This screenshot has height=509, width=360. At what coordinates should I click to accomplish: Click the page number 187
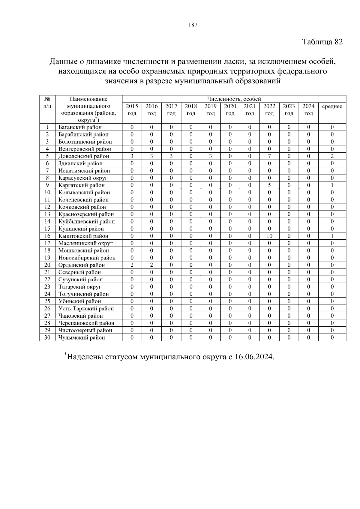tap(193, 25)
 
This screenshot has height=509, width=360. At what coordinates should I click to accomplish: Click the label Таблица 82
tap(322, 42)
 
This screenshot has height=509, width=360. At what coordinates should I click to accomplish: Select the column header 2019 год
tap(210, 109)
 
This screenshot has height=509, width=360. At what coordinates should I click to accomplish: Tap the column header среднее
tap(332, 106)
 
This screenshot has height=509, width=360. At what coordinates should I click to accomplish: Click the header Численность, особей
tap(234, 99)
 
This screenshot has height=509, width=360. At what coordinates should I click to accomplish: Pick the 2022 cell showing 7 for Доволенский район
tap(269, 156)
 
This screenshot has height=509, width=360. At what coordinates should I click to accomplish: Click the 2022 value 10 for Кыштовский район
tap(269, 236)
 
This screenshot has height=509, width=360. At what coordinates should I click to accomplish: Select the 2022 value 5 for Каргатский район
tap(269, 185)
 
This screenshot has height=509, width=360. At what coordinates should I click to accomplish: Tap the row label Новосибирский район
tap(87, 258)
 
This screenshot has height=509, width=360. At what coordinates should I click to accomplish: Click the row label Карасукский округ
tap(82, 178)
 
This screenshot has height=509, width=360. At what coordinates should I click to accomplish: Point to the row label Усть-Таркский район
tap(86, 309)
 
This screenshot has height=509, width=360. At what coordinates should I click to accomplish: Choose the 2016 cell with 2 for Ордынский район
tap(151, 265)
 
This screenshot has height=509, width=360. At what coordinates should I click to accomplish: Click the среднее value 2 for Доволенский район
tap(332, 156)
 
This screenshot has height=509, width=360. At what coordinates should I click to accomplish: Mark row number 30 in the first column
tap(47, 337)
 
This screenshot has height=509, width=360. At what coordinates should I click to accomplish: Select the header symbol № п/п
tap(47, 102)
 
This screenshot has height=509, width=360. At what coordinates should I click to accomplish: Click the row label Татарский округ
tap(79, 287)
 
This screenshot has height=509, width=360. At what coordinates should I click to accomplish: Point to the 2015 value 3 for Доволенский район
tap(132, 156)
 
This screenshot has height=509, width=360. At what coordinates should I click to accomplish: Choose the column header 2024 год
tap(308, 109)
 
